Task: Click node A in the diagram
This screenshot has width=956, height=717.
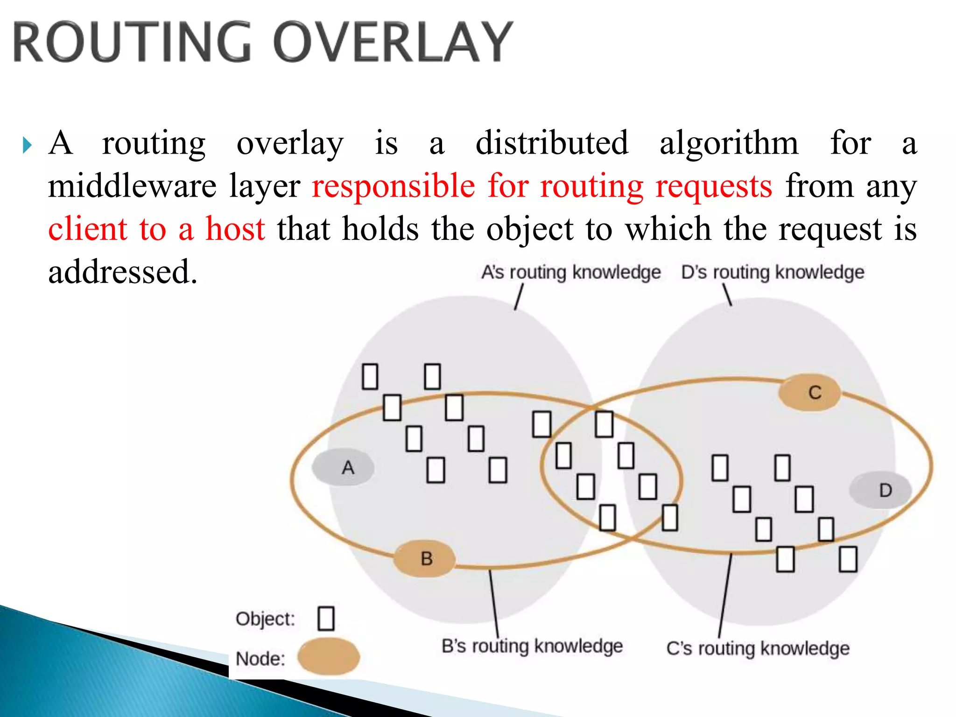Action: pos(344,467)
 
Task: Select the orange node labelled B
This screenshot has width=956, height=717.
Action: pos(424,558)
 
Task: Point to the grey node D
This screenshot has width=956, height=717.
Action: pos(880,490)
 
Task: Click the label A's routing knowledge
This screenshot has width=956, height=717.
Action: pos(571,272)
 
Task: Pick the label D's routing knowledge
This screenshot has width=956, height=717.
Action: pos(773,272)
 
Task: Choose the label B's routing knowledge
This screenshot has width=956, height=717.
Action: pos(532,646)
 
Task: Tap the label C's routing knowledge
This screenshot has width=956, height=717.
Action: pos(758,648)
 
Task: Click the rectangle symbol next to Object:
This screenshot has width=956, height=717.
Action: pos(326,619)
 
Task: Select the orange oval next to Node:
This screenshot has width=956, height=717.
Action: pos(329,657)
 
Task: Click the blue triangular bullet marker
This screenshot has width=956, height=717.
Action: pos(27,145)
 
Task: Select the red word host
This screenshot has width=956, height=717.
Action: pos(235,229)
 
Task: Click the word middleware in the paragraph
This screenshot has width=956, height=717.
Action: pos(132,186)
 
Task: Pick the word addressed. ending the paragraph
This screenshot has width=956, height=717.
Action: pos(123,272)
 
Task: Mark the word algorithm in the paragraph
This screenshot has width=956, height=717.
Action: pos(729,144)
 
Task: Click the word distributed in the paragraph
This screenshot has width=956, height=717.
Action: pos(552,143)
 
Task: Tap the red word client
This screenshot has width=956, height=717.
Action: pos(88,229)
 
